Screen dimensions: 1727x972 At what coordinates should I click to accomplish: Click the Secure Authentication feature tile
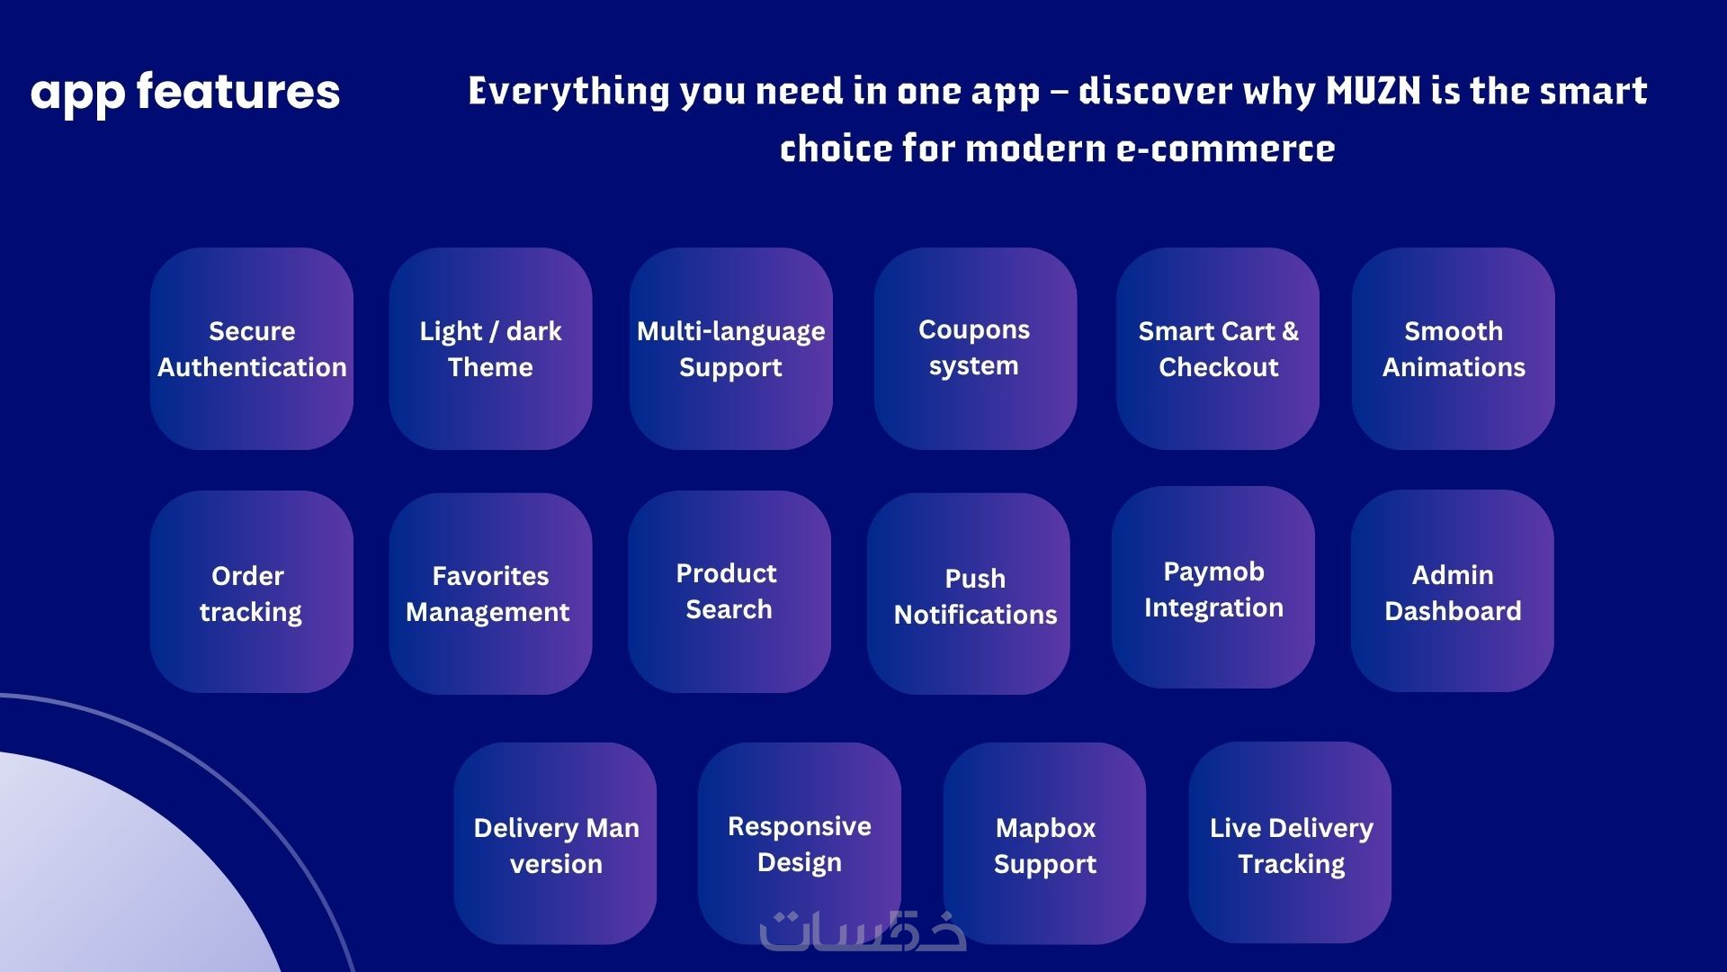click(252, 348)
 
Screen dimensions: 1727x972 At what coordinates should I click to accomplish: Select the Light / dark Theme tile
click(490, 348)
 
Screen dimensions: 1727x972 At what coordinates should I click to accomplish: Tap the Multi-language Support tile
click(731, 348)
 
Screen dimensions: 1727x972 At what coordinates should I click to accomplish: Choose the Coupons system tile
click(975, 348)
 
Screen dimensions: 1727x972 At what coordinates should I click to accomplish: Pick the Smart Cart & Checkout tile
click(1218, 348)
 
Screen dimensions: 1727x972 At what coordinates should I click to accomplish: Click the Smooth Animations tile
click(1454, 348)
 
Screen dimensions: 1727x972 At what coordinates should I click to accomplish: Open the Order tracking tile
click(252, 591)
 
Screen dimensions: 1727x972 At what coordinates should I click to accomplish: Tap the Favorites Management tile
click(490, 593)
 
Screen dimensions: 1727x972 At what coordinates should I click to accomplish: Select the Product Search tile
click(729, 591)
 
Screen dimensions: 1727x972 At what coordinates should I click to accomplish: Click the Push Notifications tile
click(969, 593)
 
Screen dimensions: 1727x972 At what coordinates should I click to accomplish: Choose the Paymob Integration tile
click(1213, 587)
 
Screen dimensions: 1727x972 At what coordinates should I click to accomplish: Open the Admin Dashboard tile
click(1453, 590)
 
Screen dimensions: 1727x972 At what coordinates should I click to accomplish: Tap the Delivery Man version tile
click(555, 843)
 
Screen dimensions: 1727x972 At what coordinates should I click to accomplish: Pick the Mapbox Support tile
click(1044, 843)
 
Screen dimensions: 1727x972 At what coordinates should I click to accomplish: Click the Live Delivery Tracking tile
click(1290, 842)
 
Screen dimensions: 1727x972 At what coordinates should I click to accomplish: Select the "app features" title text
click(185, 94)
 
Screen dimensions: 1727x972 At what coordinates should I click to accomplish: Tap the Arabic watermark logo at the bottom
click(863, 932)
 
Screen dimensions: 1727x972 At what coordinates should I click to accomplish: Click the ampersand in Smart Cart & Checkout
click(1291, 331)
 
